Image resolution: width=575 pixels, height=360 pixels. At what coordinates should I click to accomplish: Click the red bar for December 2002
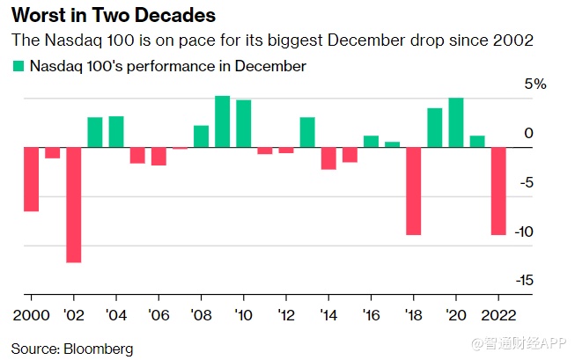[x=73, y=204]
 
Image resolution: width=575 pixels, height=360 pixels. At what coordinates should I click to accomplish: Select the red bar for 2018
[x=413, y=191]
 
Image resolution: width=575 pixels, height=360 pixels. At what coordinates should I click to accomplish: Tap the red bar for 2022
[x=498, y=191]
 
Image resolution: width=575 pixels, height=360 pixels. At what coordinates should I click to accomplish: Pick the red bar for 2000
[x=31, y=180]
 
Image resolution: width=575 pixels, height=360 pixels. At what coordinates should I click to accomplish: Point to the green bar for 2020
[x=455, y=122]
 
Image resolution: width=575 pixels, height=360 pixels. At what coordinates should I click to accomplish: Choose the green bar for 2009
[x=222, y=121]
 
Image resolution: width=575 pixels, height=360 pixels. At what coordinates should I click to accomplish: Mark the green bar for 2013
[x=307, y=132]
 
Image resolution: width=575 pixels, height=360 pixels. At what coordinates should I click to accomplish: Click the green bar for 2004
[x=115, y=132]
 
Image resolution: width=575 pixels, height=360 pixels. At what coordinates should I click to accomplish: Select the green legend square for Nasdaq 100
[x=18, y=66]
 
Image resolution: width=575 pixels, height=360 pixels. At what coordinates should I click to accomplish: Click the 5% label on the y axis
[x=535, y=85]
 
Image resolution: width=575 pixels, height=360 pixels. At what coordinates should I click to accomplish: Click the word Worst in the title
[x=36, y=17]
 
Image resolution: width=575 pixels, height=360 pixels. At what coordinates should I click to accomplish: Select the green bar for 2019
[x=434, y=128]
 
